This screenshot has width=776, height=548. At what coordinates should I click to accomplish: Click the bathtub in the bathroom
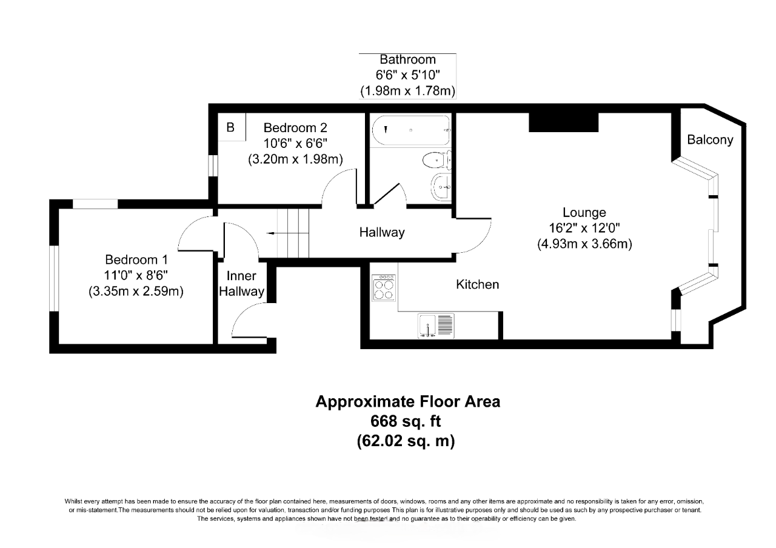pos(410,130)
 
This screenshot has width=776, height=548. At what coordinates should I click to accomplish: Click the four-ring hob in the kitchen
pos(384,287)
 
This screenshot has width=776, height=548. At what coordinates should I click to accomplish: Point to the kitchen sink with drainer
pos(436,326)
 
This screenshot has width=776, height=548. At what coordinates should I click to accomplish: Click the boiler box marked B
pos(231,128)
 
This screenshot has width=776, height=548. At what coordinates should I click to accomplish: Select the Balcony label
pos(710,140)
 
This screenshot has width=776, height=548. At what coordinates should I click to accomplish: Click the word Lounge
pos(584,213)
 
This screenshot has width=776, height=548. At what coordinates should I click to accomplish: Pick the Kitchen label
pos(478,284)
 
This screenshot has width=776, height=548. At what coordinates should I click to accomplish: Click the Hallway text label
pos(381,232)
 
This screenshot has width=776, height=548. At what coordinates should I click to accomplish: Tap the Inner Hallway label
pos(242,284)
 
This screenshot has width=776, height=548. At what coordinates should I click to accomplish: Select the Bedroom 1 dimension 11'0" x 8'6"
pos(136,276)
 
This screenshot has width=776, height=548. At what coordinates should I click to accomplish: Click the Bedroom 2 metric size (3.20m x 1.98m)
pos(295,160)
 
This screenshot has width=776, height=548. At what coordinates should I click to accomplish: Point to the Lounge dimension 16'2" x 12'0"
pos(584,229)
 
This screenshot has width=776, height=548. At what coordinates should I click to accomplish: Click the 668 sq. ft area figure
pos(407,421)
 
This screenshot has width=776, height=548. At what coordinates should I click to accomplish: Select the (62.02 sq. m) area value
pos(406,441)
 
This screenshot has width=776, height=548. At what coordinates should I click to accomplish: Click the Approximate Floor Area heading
pos(407,401)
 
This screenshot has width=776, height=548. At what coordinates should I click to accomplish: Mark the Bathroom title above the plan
pos(407,59)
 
